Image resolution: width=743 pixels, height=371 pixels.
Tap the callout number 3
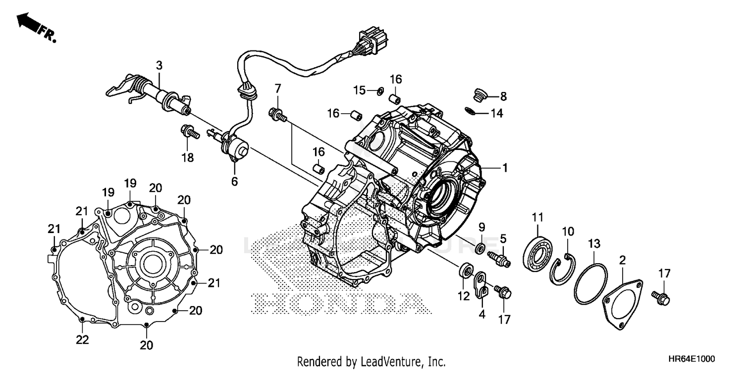click(x=159, y=65)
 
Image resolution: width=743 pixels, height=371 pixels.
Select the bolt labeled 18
click(x=188, y=132)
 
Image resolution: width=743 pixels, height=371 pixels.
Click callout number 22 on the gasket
click(x=82, y=340)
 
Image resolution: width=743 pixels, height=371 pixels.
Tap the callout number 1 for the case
click(x=505, y=168)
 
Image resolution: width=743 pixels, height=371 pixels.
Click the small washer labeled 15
click(x=380, y=90)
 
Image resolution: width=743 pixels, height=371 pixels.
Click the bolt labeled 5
click(x=500, y=258)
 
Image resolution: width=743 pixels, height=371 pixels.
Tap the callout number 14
click(x=496, y=114)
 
